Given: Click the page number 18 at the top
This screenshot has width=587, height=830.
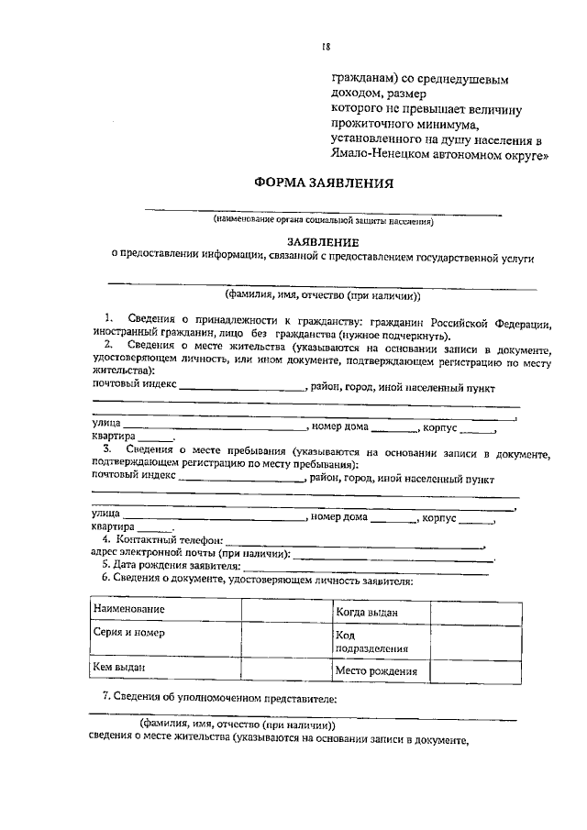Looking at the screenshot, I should coord(326,48).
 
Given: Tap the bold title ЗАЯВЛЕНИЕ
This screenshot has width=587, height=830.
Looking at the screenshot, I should coord(322,238).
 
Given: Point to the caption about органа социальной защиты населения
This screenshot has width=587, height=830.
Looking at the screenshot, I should coord(323,220).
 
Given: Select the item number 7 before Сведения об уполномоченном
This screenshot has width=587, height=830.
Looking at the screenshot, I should coord(105,700).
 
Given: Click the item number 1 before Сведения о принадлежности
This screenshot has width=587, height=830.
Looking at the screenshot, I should coord(108,315).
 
